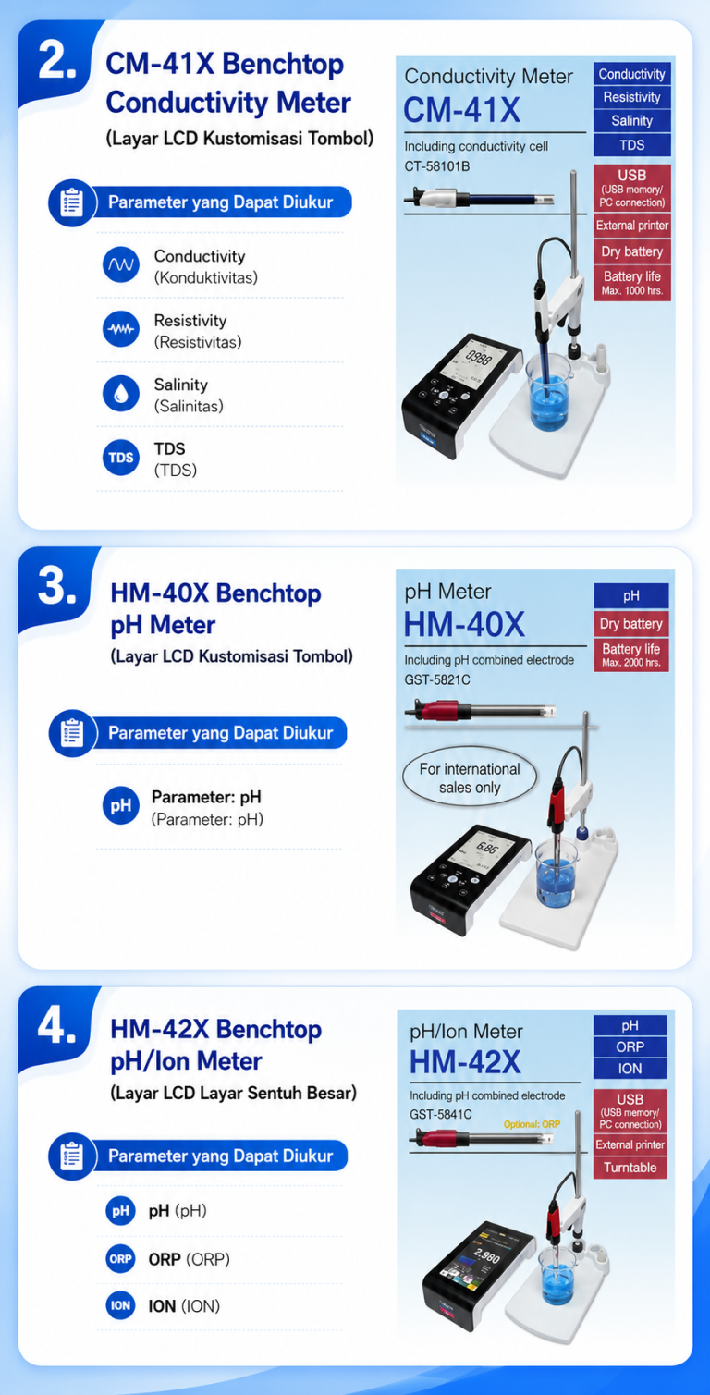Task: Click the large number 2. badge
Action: click(x=57, y=62)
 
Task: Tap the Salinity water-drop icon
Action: click(x=121, y=394)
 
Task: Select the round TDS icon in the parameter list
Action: click(x=121, y=459)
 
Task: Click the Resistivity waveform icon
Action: click(x=121, y=329)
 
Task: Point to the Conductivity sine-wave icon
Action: click(x=121, y=264)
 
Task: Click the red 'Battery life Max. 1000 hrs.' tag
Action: click(x=632, y=283)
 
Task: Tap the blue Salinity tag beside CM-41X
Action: click(x=632, y=121)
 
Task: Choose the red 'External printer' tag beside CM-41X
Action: click(x=632, y=226)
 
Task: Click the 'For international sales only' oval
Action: click(x=470, y=777)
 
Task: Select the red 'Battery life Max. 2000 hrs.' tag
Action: click(x=631, y=655)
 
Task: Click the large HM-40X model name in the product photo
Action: click(x=465, y=624)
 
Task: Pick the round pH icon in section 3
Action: click(x=121, y=806)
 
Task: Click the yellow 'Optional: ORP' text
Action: click(x=532, y=1124)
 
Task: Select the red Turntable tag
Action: click(x=630, y=1168)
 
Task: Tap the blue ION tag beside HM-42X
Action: click(x=630, y=1069)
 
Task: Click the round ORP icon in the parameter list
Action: click(x=121, y=1258)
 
